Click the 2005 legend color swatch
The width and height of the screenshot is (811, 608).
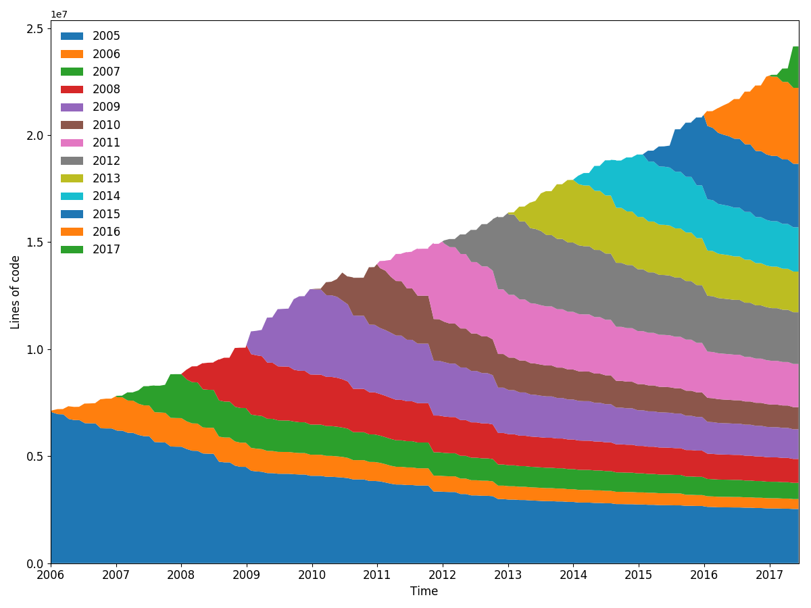click(x=72, y=36)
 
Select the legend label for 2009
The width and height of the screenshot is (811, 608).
click(x=106, y=107)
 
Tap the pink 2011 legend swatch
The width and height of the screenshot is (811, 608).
click(x=72, y=143)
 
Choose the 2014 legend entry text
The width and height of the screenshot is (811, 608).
click(x=106, y=197)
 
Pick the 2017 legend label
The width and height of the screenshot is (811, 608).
click(x=106, y=250)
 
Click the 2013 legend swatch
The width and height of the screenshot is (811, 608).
click(x=72, y=179)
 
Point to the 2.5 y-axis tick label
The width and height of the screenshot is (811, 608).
click(x=36, y=29)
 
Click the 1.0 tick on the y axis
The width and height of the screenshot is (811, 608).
click(x=36, y=350)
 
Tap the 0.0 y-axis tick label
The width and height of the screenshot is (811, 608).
click(x=36, y=563)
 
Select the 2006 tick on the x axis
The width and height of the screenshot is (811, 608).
click(x=51, y=575)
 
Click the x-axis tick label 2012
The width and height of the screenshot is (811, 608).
click(x=443, y=575)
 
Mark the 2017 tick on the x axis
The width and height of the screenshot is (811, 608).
click(x=769, y=575)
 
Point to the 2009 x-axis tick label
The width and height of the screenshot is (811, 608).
click(x=247, y=575)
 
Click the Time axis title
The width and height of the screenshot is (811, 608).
click(x=424, y=592)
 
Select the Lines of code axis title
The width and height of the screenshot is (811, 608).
click(x=16, y=292)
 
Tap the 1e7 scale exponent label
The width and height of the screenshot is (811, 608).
click(x=59, y=14)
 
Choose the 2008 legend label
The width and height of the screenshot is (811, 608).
click(x=106, y=90)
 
